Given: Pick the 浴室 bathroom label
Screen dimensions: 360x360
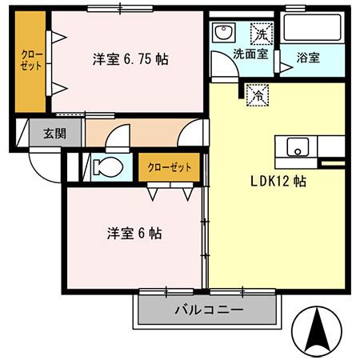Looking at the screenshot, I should click(308, 58).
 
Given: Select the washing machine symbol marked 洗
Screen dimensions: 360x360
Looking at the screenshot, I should click(262, 33).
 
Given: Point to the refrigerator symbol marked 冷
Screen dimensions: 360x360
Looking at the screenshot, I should click(258, 94).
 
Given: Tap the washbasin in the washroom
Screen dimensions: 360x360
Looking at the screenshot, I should click(222, 33).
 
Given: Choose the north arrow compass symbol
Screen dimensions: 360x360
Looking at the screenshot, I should click(318, 330).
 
